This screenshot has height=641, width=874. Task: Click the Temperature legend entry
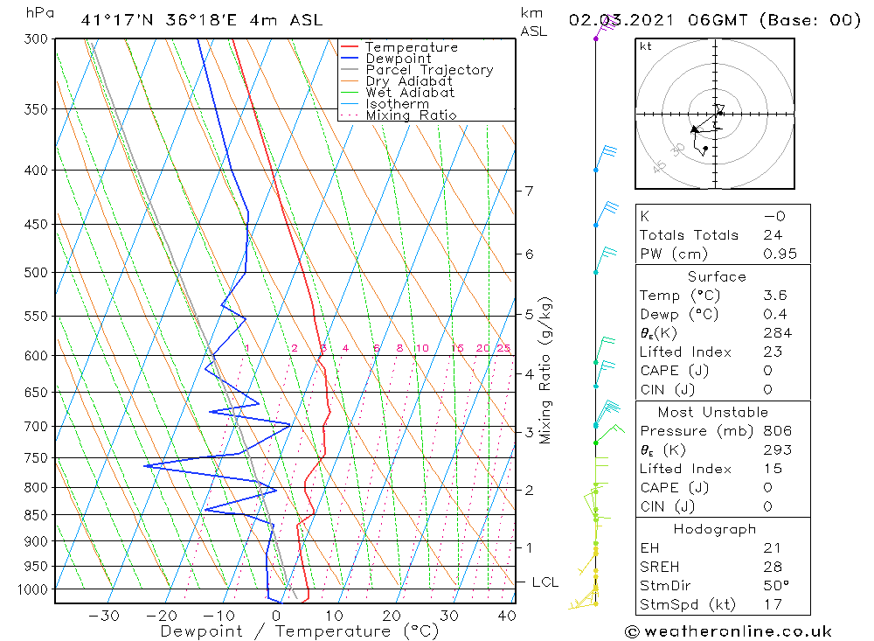tap(411, 47)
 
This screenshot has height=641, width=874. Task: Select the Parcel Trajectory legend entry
tap(429, 70)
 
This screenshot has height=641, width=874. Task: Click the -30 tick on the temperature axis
tap(104, 616)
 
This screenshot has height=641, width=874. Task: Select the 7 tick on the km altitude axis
tap(529, 191)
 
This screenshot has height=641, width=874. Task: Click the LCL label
tap(545, 582)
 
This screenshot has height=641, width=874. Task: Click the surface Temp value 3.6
tap(774, 296)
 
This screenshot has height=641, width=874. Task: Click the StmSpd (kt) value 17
tap(772, 605)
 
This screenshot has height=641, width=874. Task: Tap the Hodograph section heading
tap(715, 529)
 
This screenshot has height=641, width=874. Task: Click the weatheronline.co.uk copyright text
tap(729, 631)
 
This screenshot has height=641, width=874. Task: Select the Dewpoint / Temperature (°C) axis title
tap(299, 631)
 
